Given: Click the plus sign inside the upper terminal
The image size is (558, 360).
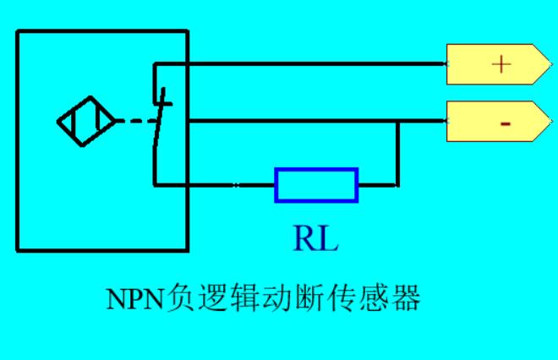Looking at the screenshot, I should click(502, 64).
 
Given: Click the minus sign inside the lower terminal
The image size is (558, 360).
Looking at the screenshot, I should click(505, 123).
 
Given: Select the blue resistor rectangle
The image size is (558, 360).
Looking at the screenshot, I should click(316, 184).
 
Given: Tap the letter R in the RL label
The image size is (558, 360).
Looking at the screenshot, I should click(304, 239).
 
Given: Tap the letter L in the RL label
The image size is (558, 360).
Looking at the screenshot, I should click(328, 239).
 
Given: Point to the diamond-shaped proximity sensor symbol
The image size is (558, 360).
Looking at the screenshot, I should click(86, 122).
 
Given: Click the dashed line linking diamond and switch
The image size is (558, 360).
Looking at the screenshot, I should click(133, 121).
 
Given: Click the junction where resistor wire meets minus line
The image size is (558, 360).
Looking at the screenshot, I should click(397, 121).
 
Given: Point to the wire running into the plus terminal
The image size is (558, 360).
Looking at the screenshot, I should click(321, 63).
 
